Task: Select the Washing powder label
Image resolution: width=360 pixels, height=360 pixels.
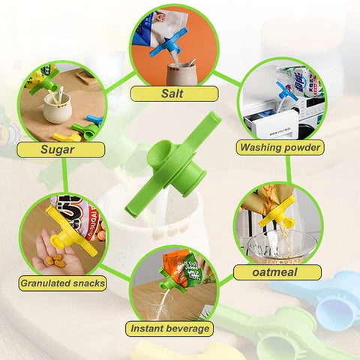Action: coord(280,148)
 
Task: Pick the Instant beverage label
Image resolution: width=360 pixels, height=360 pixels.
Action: coord(169,328)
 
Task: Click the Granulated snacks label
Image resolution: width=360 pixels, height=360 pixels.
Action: coord(62,283)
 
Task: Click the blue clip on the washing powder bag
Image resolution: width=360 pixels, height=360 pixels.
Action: coord(286,91)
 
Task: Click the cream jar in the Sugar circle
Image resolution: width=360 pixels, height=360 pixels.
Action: coord(57,107)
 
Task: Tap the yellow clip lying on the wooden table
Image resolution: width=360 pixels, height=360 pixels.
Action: coord(67,136)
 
